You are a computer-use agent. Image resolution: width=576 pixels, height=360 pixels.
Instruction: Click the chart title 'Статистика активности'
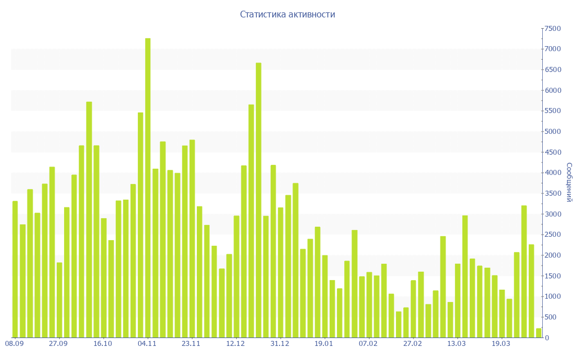(287, 15)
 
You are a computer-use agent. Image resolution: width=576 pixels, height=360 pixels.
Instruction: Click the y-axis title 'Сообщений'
(569, 182)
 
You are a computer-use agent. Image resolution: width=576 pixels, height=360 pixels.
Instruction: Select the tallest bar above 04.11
(148, 188)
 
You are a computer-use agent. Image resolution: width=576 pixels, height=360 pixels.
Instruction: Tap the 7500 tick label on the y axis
(552, 29)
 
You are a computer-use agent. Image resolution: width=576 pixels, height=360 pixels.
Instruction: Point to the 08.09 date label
(14, 344)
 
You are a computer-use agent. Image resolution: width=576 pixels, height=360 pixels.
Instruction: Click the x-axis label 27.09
(58, 344)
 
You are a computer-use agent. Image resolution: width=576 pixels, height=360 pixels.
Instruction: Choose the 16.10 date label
(102, 344)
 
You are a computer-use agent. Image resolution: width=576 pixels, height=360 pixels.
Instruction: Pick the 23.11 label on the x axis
(191, 344)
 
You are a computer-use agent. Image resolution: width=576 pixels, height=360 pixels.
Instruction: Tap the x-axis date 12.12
(235, 344)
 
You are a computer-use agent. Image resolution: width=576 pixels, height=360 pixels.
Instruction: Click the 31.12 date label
(280, 344)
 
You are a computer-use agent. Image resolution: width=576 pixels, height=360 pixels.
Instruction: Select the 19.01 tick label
(324, 344)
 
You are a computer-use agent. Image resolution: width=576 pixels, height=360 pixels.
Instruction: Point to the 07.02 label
(368, 344)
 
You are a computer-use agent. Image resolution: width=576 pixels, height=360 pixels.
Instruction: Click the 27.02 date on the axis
(412, 344)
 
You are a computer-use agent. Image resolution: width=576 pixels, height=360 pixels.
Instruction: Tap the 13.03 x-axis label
(456, 344)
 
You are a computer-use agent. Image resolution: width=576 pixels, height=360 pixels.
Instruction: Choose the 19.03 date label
(501, 344)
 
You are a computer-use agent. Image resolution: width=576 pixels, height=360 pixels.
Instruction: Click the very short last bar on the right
(538, 333)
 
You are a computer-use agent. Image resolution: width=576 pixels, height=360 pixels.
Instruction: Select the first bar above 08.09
(15, 269)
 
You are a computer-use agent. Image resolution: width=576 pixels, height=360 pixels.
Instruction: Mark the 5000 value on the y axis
(552, 132)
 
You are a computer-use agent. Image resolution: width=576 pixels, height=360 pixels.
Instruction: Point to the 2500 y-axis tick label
(552, 235)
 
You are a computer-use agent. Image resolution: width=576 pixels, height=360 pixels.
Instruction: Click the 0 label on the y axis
(547, 338)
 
